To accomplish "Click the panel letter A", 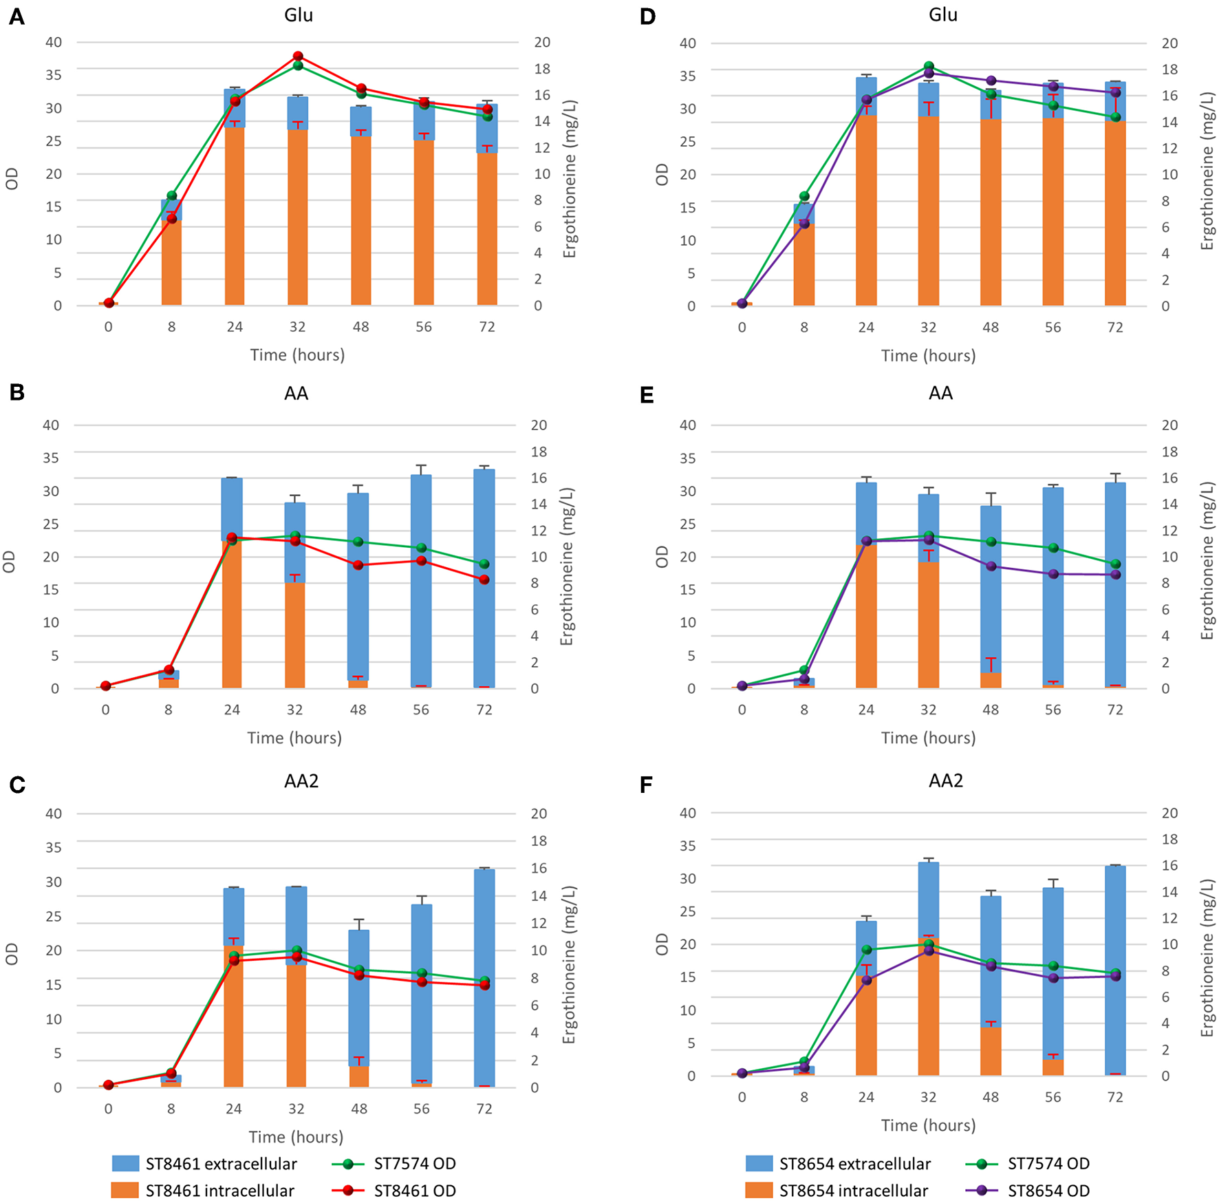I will point(17,17).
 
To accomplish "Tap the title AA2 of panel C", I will point(301,781).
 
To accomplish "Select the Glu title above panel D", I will point(942,15).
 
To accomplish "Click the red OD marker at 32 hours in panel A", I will point(297,56).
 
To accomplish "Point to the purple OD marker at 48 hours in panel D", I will point(991,81).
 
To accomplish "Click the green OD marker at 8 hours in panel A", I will point(172,195).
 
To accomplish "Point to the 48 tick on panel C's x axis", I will point(359,1109).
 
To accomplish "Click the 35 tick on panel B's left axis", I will point(51,458).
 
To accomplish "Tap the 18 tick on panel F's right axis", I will point(1169,839).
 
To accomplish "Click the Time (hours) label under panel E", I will point(928,738).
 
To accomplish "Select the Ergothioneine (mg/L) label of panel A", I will point(570,179).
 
